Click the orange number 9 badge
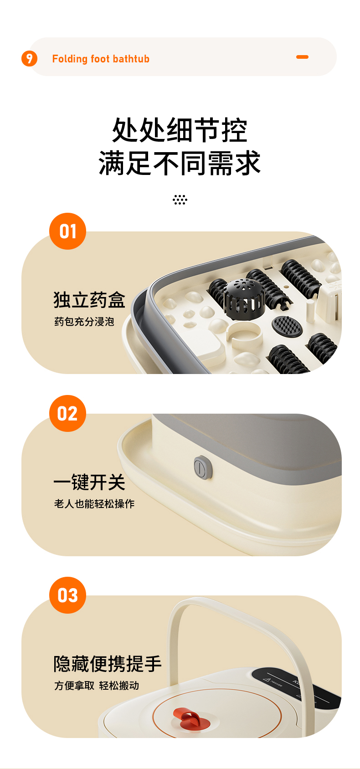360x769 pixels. point(29,58)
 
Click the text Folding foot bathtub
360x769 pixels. point(101,59)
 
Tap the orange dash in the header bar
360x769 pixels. point(302,57)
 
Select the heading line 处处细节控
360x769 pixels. point(180,130)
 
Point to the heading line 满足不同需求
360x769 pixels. point(180,163)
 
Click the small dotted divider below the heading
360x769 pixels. point(180,200)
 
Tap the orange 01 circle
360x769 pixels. point(68,231)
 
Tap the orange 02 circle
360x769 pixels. point(68,413)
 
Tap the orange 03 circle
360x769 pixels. point(68,595)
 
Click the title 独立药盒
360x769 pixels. point(89,300)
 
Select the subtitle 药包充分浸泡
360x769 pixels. point(84,322)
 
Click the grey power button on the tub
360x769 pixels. point(203,467)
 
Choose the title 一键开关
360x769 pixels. point(89,482)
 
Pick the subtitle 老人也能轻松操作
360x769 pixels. point(94,503)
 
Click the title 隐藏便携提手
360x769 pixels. point(108,664)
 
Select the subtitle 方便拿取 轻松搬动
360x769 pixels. point(97,686)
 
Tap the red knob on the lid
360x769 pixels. point(191,718)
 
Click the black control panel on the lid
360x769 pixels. point(295,683)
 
